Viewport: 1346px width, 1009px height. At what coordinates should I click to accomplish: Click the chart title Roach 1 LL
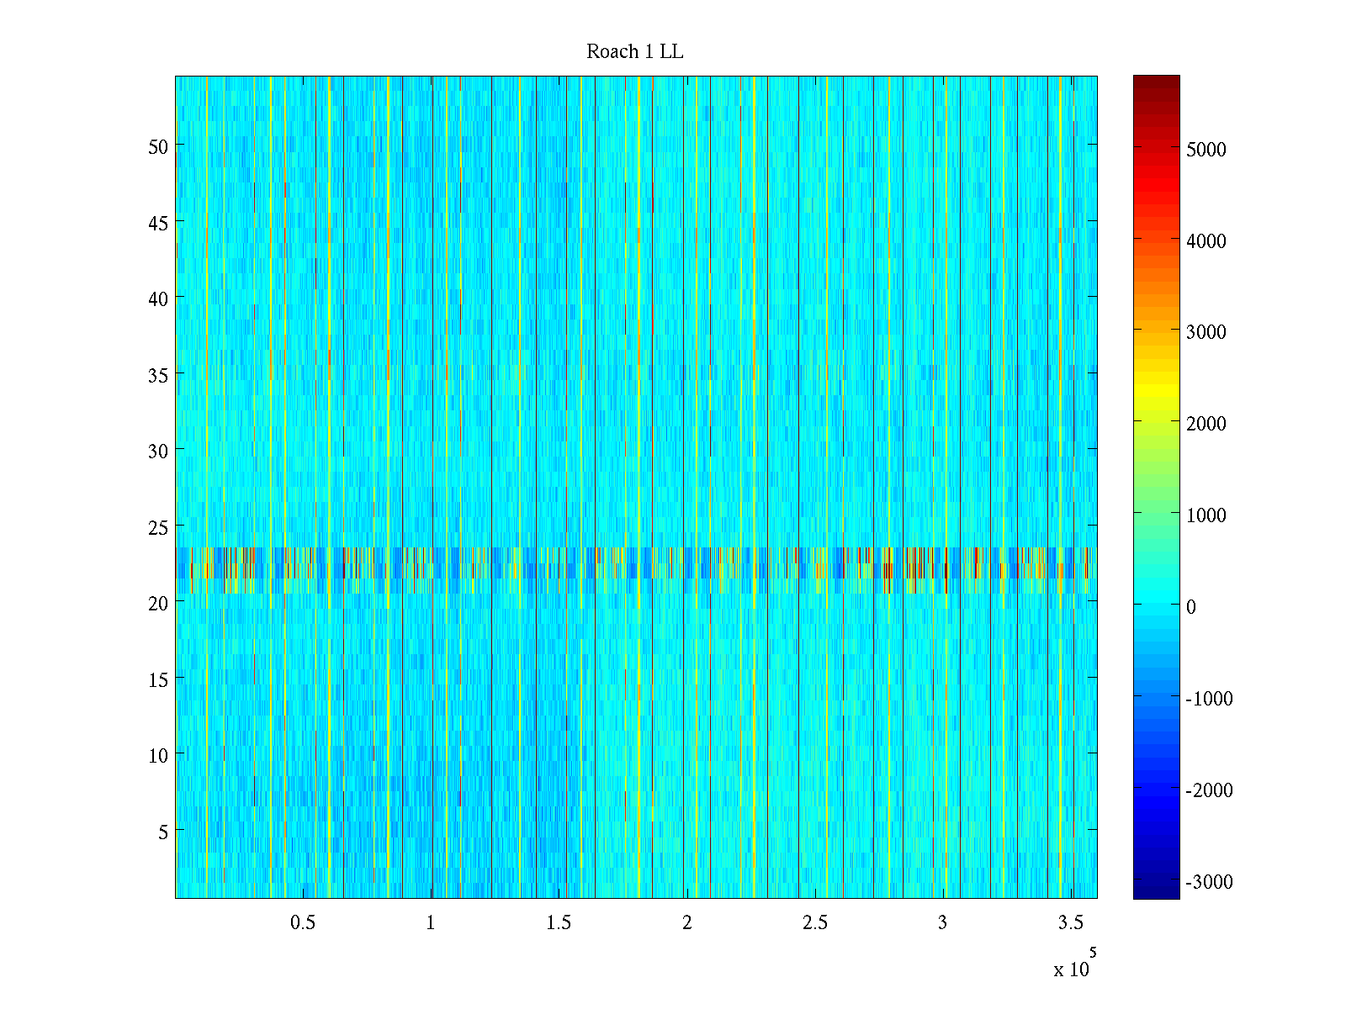pyautogui.click(x=634, y=52)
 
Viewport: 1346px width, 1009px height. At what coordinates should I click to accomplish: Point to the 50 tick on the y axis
pyautogui.click(x=158, y=146)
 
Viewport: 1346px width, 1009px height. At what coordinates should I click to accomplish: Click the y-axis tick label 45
pyautogui.click(x=158, y=223)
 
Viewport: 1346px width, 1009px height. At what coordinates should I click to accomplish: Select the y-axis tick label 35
pyautogui.click(x=158, y=375)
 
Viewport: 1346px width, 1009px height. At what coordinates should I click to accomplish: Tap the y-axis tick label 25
pyautogui.click(x=158, y=527)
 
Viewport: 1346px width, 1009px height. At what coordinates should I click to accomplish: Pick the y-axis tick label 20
pyautogui.click(x=158, y=603)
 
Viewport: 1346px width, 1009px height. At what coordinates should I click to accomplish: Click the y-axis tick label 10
pyautogui.click(x=158, y=755)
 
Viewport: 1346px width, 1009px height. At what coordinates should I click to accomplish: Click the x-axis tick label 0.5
pyautogui.click(x=303, y=923)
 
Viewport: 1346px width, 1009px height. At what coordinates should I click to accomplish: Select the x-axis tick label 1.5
pyautogui.click(x=559, y=923)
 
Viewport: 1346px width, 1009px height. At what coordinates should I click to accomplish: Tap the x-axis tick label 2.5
pyautogui.click(x=814, y=923)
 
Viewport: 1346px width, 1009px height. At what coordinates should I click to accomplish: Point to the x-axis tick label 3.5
pyautogui.click(x=1070, y=923)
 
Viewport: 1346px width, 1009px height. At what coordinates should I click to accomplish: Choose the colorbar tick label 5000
pyautogui.click(x=1206, y=150)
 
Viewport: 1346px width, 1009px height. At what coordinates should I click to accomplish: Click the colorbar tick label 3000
pyautogui.click(x=1206, y=332)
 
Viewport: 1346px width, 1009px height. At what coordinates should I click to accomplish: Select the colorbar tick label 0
pyautogui.click(x=1190, y=607)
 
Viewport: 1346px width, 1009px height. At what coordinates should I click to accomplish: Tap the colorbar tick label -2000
pyautogui.click(x=1209, y=790)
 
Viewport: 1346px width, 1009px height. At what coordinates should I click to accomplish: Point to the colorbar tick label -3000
pyautogui.click(x=1209, y=882)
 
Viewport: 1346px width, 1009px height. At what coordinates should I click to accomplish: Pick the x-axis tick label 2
pyautogui.click(x=687, y=923)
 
